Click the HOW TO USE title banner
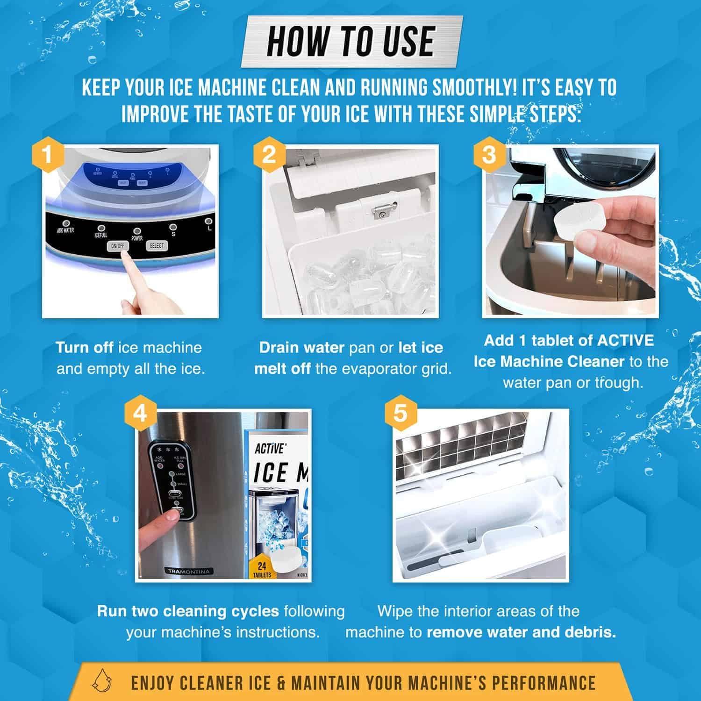click(350, 42)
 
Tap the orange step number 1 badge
click(47, 155)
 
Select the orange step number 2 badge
click(268, 155)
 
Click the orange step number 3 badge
click(488, 155)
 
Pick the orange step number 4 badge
click(140, 414)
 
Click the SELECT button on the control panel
click(156, 245)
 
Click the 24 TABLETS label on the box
click(262, 570)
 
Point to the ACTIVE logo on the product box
click(270, 449)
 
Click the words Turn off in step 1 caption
click(84, 348)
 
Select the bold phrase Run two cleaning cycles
click(188, 611)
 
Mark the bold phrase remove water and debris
click(521, 632)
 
